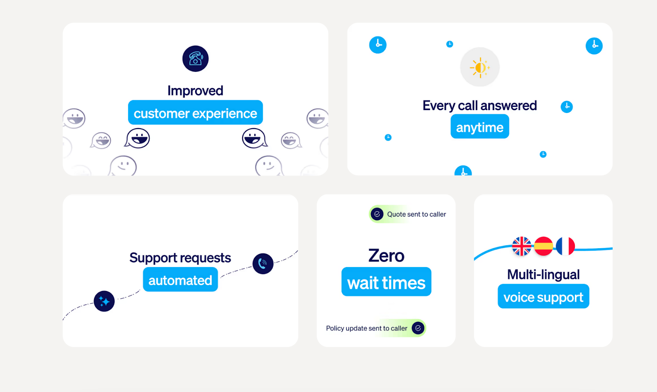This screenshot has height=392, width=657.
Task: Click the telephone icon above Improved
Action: pyautogui.click(x=195, y=59)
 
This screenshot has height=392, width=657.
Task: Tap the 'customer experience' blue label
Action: pyautogui.click(x=195, y=113)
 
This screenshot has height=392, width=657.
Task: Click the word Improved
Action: pyautogui.click(x=195, y=91)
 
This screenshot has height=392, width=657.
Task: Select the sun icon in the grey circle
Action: pyautogui.click(x=480, y=67)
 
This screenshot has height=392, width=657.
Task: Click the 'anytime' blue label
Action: pyautogui.click(x=480, y=127)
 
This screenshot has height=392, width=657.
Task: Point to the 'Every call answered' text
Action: pyautogui.click(x=480, y=106)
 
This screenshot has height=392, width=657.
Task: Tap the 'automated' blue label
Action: pyautogui.click(x=180, y=280)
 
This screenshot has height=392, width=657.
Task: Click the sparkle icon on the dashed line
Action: pyautogui.click(x=104, y=301)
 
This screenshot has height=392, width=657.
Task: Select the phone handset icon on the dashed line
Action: pyautogui.click(x=263, y=264)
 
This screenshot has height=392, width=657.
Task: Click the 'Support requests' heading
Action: pyautogui.click(x=180, y=258)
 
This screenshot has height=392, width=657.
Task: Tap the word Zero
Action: pyautogui.click(x=386, y=256)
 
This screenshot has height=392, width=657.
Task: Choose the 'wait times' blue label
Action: pyautogui.click(x=386, y=282)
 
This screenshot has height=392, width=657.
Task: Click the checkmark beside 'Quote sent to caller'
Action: pyautogui.click(x=377, y=214)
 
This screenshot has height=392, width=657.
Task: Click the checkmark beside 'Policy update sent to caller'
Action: pyautogui.click(x=418, y=328)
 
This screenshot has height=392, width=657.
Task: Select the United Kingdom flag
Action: pyautogui.click(x=522, y=246)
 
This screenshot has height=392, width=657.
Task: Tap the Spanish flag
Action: pyautogui.click(x=544, y=246)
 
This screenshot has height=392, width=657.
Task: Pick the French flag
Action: pyautogui.click(x=565, y=246)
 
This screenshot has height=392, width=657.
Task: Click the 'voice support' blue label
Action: pyautogui.click(x=543, y=297)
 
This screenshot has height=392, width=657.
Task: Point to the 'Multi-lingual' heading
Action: pyautogui.click(x=543, y=274)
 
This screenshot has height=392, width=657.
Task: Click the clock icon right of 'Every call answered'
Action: pyautogui.click(x=567, y=107)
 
